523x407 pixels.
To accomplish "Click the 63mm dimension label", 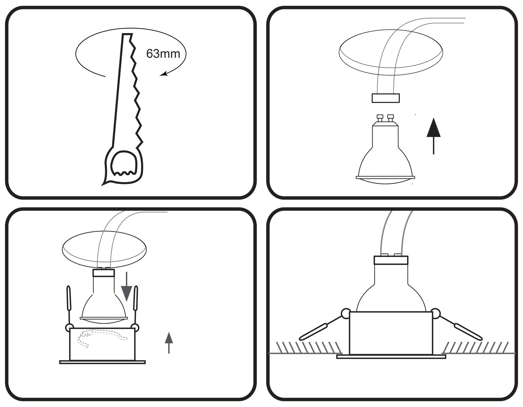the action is click(x=163, y=54).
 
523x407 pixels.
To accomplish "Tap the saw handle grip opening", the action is click(x=124, y=163).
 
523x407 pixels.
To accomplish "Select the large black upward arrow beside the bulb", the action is click(x=434, y=136).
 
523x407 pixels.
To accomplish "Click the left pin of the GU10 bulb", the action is click(x=380, y=118).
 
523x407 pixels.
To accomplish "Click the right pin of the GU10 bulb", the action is click(x=391, y=118).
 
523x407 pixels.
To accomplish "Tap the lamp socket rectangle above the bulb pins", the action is click(x=386, y=98).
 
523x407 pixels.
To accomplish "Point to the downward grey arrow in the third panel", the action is click(x=127, y=286).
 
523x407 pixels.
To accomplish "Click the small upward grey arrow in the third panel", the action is click(x=169, y=343).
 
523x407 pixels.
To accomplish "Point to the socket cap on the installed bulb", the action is click(x=391, y=260).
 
